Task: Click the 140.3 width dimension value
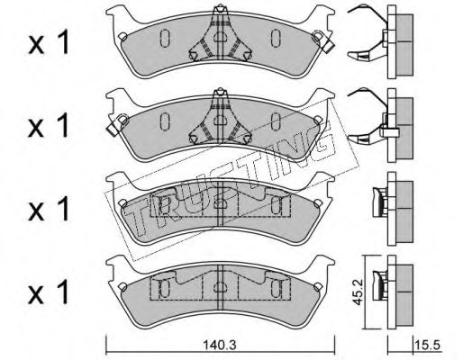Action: click(x=220, y=345)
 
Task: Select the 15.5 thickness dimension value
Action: click(x=428, y=345)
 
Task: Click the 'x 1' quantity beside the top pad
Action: click(x=49, y=43)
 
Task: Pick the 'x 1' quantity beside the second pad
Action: click(x=49, y=126)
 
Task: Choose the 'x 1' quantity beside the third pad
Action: click(x=49, y=209)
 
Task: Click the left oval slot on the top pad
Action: click(x=165, y=38)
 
